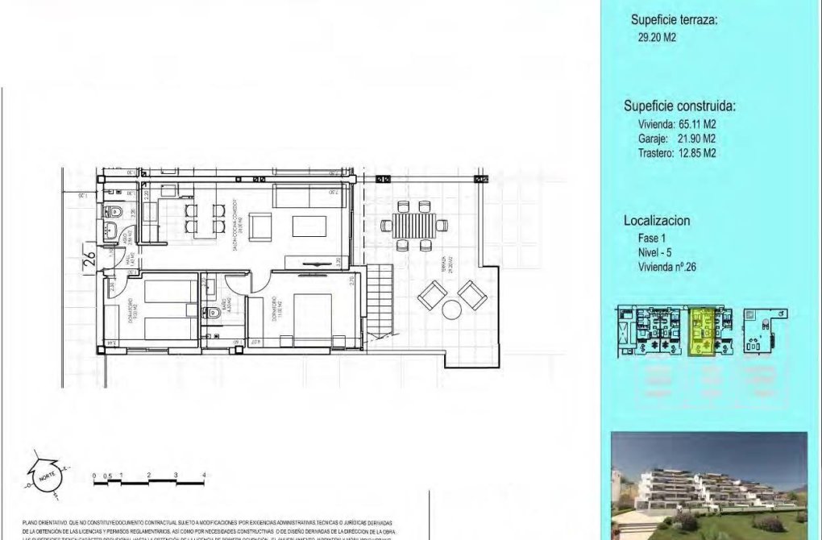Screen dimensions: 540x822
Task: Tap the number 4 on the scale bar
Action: (204, 474)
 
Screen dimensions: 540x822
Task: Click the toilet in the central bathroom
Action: (212, 314)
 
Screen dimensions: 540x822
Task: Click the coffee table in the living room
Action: (309, 225)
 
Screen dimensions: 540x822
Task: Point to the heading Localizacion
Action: (657, 221)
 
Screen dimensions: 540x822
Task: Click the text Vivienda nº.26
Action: (666, 267)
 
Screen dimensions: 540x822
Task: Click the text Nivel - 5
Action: (654, 252)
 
